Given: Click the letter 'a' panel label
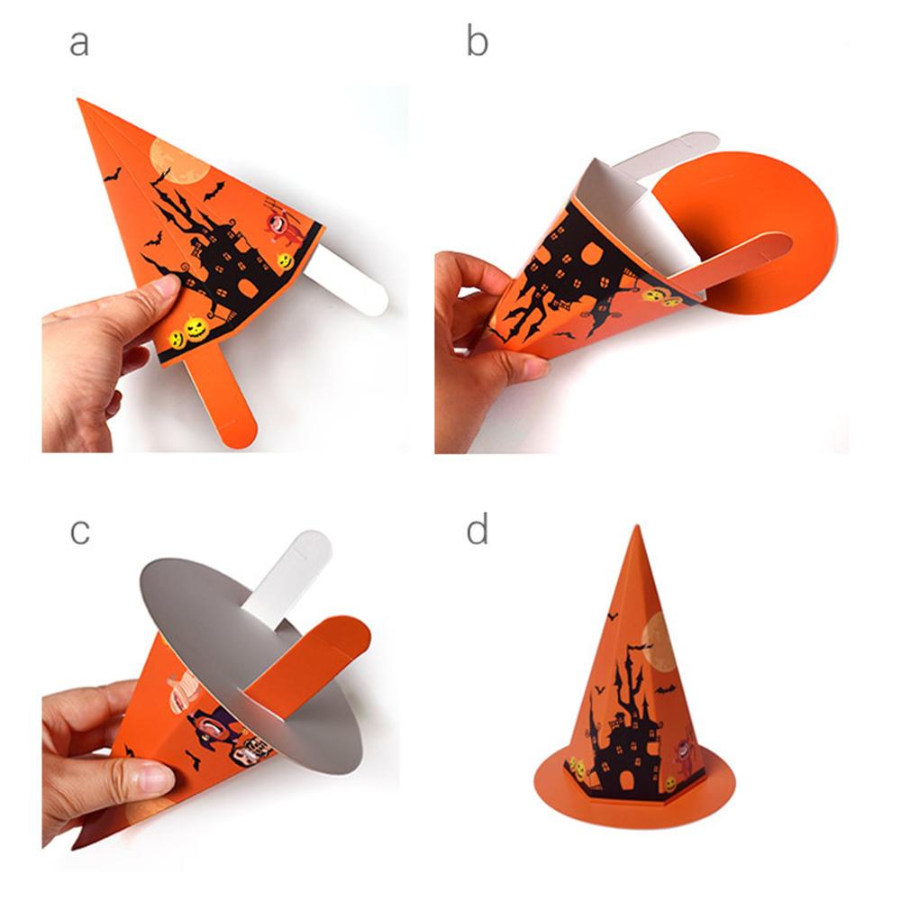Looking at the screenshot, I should tap(79, 43).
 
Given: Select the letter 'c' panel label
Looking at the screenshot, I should tap(79, 531).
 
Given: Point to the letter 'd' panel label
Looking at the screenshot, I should tap(477, 531).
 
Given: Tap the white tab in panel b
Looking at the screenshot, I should tap(685, 150).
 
